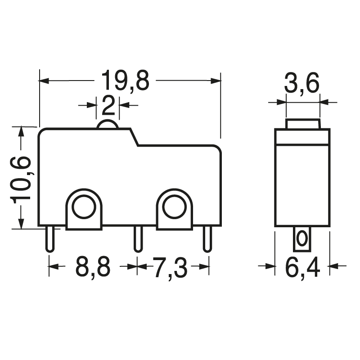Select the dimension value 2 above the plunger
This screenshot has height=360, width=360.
click(108, 105)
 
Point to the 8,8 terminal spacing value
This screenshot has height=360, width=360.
click(93, 267)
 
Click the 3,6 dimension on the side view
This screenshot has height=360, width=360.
click(301, 84)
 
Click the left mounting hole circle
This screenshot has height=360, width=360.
click(84, 208)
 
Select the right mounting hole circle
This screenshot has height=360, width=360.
click(174, 208)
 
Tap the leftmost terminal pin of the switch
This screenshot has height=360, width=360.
click(49, 239)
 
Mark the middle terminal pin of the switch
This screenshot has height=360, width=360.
click(138, 239)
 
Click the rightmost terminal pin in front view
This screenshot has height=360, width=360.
click(207, 239)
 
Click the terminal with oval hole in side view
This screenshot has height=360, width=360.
click(302, 238)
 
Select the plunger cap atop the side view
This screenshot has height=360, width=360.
click(302, 123)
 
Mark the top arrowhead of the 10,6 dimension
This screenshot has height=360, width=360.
click(21, 131)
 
